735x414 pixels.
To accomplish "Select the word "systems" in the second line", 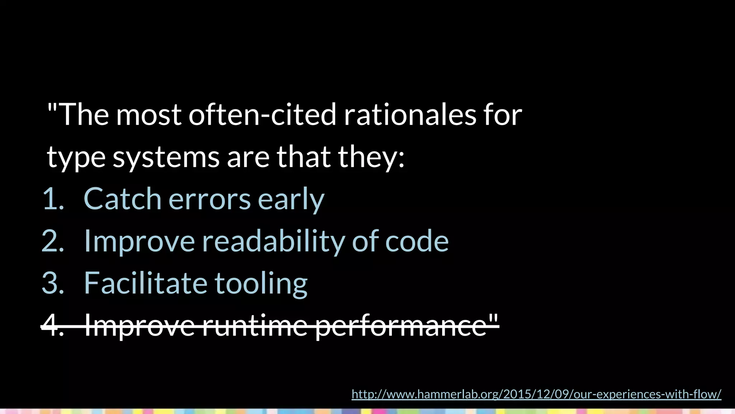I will pos(166,157).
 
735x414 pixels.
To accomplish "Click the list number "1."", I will pos(53,199).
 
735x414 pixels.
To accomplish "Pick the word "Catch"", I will pos(122,199).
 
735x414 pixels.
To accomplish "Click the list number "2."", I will pos(53,241).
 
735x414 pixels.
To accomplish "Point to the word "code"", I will pos(417,241).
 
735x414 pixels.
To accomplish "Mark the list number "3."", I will pos(53,283).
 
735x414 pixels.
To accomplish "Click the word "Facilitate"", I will pos(145,283).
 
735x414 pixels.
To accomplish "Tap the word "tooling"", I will pos(261,283).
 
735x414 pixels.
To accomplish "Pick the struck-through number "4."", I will pos(53,326).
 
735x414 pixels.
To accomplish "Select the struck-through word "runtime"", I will pos(255,326).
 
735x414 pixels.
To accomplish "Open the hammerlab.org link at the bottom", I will pos(536,394).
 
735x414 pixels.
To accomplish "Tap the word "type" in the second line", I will pos(76,157).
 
